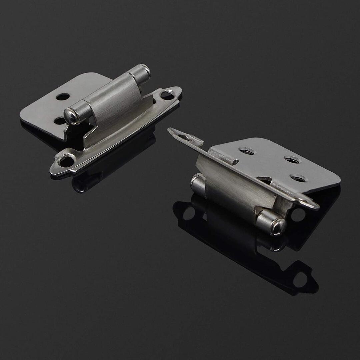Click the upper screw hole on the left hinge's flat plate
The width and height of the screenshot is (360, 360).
point(63,97)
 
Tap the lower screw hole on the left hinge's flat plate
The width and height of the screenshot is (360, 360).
point(60,121)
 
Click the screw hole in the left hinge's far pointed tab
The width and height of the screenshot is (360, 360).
point(167,95)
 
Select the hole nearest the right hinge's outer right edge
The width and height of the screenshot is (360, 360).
point(298,178)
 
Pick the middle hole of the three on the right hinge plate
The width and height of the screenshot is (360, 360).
point(292,160)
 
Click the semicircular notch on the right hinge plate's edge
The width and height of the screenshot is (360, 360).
point(265,180)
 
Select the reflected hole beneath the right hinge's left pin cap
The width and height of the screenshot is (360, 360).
point(189,213)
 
